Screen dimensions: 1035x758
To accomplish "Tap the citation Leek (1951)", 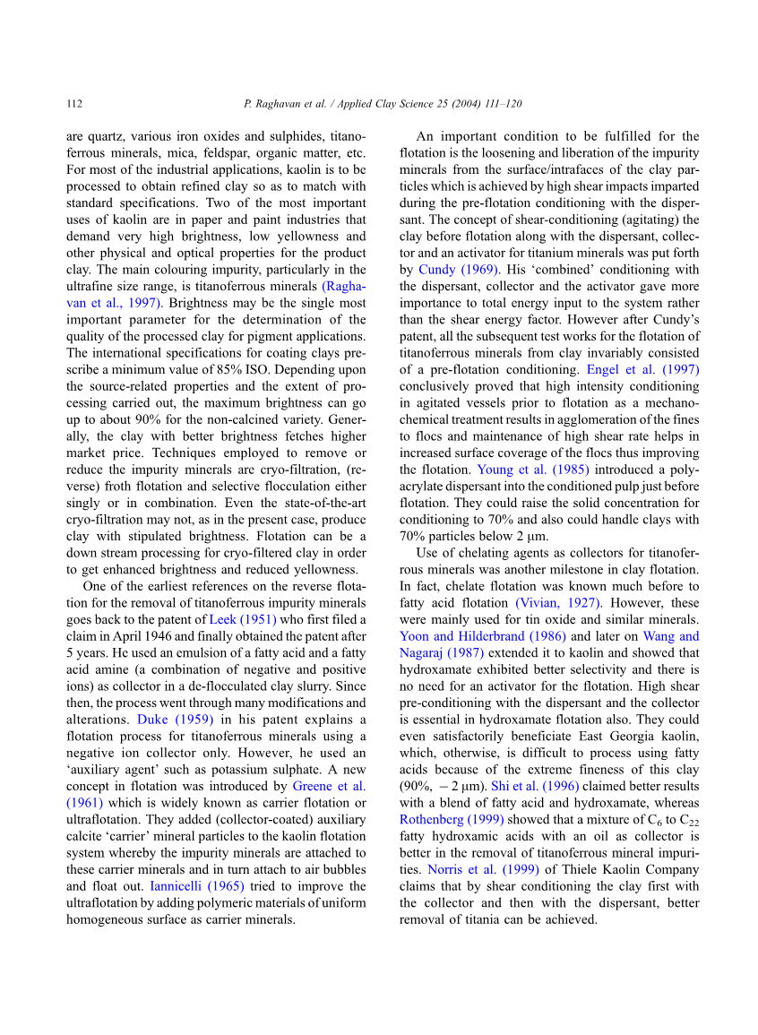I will tap(243, 620).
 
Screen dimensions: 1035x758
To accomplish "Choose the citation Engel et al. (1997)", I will tap(642, 369).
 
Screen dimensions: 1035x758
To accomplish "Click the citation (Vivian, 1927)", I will tap(558, 603).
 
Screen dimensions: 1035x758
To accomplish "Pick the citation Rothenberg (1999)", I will tap(452, 819).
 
